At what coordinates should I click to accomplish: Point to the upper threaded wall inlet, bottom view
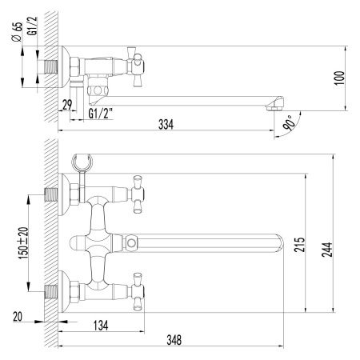click(54, 193)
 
